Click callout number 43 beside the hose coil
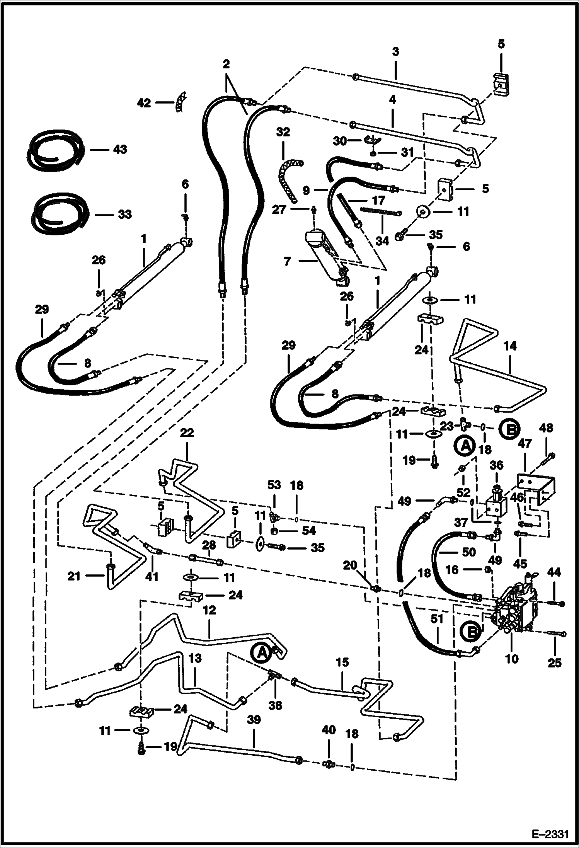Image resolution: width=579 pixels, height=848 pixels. (x=120, y=149)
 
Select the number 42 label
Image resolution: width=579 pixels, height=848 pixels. (x=144, y=103)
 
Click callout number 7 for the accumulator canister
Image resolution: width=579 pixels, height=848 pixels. (x=287, y=262)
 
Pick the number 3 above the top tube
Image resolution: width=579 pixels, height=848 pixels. (x=395, y=51)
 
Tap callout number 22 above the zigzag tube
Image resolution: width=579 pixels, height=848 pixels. (x=187, y=433)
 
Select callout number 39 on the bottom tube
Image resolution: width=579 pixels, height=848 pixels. (x=254, y=720)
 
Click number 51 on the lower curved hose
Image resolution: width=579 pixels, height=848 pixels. (x=437, y=619)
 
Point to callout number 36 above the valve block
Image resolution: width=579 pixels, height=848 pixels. (x=497, y=465)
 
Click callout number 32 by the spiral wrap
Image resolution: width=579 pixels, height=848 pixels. (x=283, y=132)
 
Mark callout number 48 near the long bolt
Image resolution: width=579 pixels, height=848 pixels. (x=547, y=427)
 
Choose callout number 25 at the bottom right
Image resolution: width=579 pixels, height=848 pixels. (x=555, y=662)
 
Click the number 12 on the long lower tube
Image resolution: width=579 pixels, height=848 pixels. (x=209, y=610)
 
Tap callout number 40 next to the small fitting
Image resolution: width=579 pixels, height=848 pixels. (x=329, y=730)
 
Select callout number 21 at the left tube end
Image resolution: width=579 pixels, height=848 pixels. (x=73, y=576)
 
